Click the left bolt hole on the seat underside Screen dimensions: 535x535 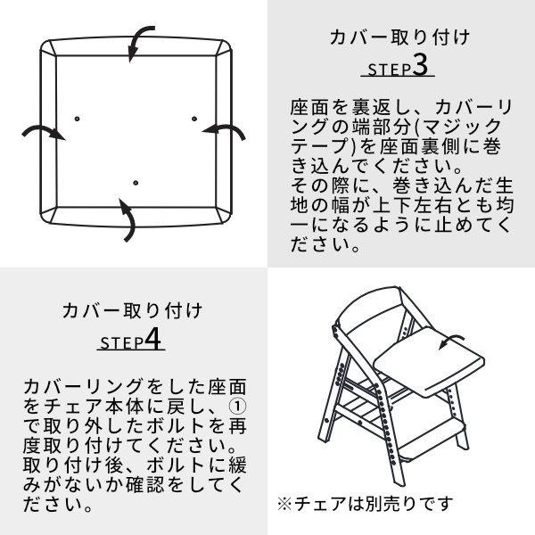78,118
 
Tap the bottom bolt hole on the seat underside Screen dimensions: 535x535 136,183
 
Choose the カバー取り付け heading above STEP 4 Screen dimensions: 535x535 132,311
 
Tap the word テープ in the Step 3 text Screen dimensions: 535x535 312,147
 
